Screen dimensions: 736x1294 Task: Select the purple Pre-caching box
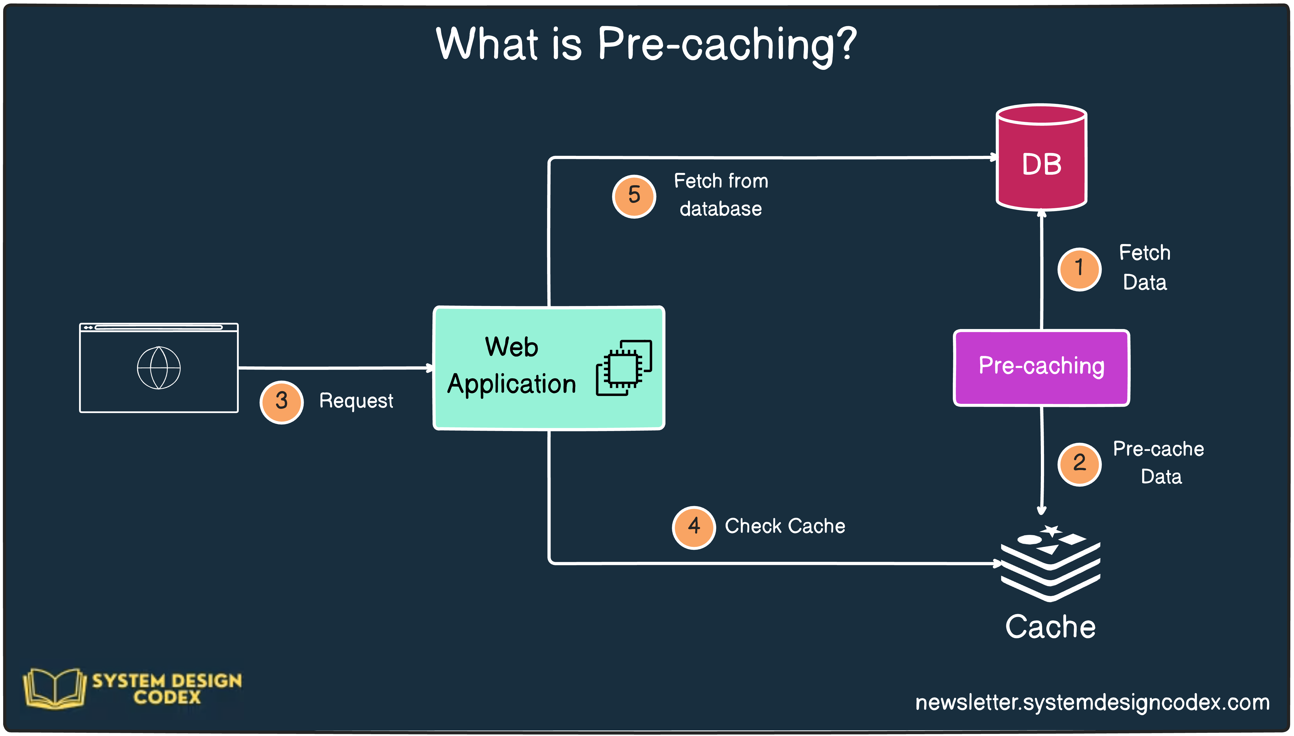1041,367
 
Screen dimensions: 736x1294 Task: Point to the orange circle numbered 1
1079,269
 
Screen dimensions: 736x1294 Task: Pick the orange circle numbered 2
1079,464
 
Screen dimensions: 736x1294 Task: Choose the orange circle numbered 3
281,402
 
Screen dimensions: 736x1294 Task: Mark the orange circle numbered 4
693,527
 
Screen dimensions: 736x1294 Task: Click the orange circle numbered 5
634,196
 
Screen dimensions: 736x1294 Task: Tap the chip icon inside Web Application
624,367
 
